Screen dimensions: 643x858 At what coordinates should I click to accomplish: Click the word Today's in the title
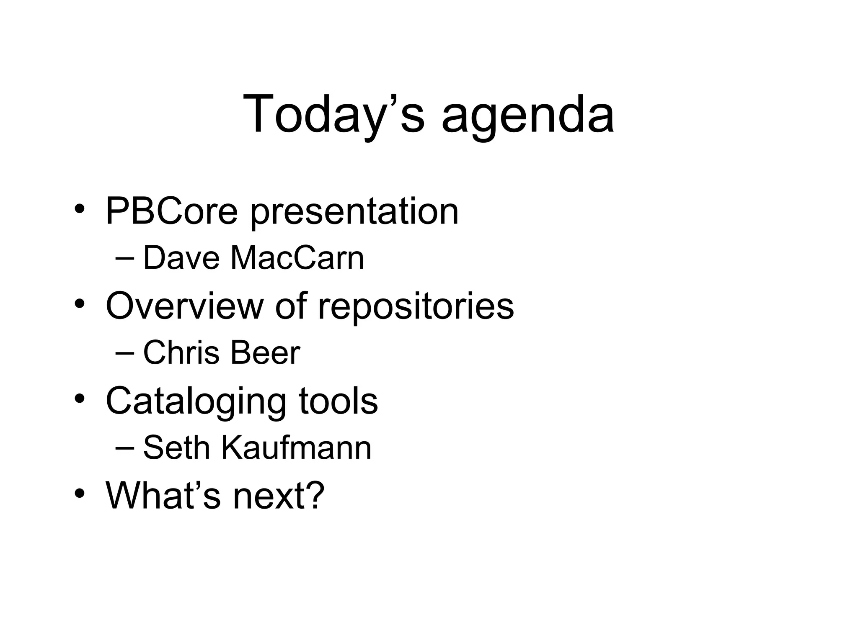point(333,114)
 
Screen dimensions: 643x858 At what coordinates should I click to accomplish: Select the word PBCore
point(172,211)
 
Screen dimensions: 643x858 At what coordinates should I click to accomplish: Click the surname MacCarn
point(297,258)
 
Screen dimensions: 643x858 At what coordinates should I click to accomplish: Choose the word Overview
point(185,306)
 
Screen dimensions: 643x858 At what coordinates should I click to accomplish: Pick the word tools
point(338,401)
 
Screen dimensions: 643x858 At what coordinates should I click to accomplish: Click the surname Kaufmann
point(296,448)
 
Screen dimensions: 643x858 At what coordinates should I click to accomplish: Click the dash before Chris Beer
point(124,353)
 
